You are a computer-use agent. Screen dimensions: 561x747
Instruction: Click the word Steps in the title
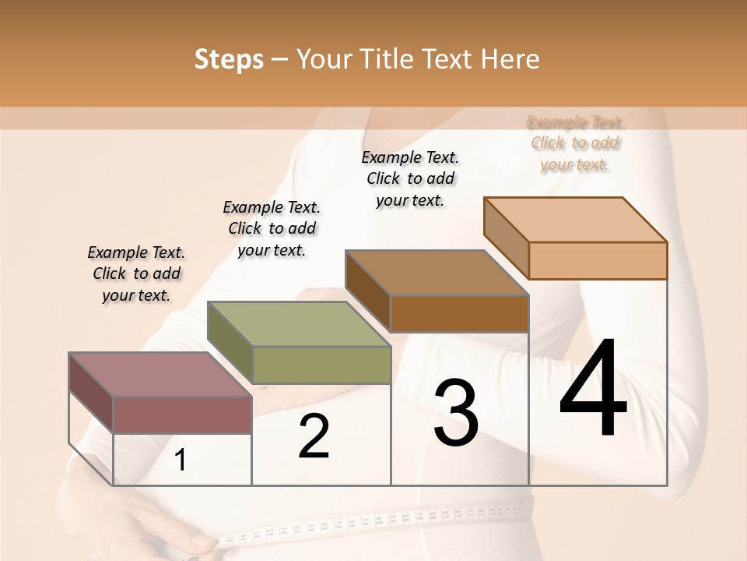pyautogui.click(x=229, y=59)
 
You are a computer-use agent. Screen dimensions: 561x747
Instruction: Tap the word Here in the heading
pyautogui.click(x=510, y=59)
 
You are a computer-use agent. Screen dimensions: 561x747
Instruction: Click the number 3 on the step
pyautogui.click(x=456, y=414)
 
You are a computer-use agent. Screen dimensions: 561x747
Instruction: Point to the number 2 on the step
pyautogui.click(x=314, y=436)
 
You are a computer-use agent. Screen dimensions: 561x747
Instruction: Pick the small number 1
pyautogui.click(x=181, y=460)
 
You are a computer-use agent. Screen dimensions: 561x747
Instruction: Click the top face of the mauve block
pyautogui.click(x=160, y=374)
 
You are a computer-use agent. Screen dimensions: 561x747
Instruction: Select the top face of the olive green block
pyautogui.click(x=298, y=324)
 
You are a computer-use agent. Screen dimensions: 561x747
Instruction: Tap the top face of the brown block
pyautogui.click(x=437, y=273)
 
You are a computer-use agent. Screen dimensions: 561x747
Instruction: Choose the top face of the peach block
pyautogui.click(x=576, y=220)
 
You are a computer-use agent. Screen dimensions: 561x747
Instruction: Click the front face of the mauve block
pyautogui.click(x=182, y=415)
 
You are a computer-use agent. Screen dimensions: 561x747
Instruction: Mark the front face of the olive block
pyautogui.click(x=321, y=365)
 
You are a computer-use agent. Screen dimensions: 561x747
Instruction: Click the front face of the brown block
pyautogui.click(x=459, y=313)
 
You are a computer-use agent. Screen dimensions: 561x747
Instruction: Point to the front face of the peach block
pyautogui.click(x=598, y=260)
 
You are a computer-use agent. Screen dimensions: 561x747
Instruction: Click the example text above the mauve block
pyautogui.click(x=136, y=273)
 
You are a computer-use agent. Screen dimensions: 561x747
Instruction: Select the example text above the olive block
pyautogui.click(x=272, y=228)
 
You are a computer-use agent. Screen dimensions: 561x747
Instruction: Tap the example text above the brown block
pyautogui.click(x=410, y=178)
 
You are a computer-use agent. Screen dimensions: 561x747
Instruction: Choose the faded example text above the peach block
pyautogui.click(x=576, y=143)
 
